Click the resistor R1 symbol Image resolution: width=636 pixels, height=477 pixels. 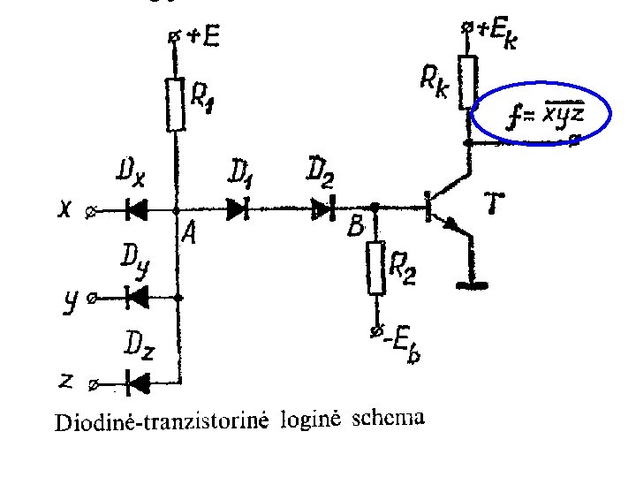[178, 104]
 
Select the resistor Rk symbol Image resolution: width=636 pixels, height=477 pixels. [467, 82]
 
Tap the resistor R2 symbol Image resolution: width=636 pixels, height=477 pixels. [377, 268]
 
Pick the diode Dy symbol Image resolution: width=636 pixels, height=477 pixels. [137, 298]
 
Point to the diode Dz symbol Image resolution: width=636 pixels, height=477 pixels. [137, 382]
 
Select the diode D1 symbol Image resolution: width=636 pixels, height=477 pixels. [237, 209]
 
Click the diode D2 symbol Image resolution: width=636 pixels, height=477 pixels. [324, 209]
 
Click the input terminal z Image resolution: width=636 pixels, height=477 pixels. [95, 384]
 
